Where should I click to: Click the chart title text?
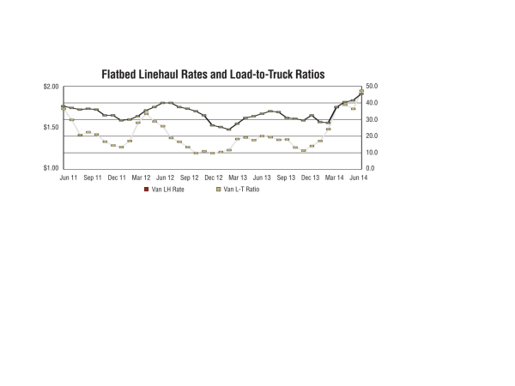[x=214, y=75]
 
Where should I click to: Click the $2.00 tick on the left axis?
[x=51, y=87]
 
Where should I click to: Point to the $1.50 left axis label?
[x=51, y=127]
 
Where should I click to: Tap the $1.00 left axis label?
[x=51, y=168]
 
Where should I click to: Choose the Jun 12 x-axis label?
[x=165, y=178]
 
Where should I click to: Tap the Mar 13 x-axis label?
[x=238, y=178]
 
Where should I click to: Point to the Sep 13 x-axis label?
[x=287, y=178]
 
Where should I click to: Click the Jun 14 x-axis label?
[x=360, y=178]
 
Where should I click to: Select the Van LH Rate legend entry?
[x=167, y=189]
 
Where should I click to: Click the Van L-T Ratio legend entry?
[x=239, y=189]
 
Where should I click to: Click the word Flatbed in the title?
[x=124, y=75]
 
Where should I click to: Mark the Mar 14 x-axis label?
[x=335, y=178]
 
